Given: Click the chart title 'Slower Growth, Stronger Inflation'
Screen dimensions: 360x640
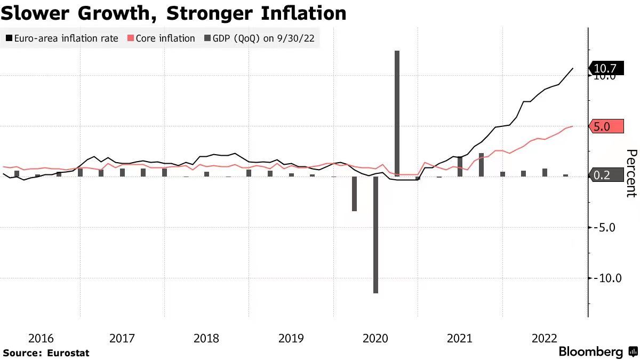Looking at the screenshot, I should point(173,13).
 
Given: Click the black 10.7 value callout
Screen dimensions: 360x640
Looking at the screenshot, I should point(605,68).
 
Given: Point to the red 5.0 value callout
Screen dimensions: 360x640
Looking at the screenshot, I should point(605,126).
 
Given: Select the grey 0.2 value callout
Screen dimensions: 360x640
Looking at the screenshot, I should point(605,175).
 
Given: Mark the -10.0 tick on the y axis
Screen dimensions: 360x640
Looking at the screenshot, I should point(607,278).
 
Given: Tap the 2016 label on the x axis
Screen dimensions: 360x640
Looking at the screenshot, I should point(41,338).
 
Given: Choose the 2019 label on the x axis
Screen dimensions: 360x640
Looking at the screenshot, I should point(291,338).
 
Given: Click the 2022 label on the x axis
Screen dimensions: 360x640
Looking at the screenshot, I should point(545,338).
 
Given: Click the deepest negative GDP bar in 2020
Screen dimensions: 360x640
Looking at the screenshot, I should point(375,235).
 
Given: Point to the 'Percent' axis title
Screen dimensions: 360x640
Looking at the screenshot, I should point(631,173).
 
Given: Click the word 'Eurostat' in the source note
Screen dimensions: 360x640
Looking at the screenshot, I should point(68,353).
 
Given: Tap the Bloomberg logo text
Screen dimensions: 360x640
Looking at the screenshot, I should point(590,352).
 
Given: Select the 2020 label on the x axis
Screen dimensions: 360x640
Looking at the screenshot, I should point(375,338).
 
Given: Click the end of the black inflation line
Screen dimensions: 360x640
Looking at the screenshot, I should point(573,68).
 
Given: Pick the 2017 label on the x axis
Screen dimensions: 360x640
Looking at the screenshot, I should point(122,338).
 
